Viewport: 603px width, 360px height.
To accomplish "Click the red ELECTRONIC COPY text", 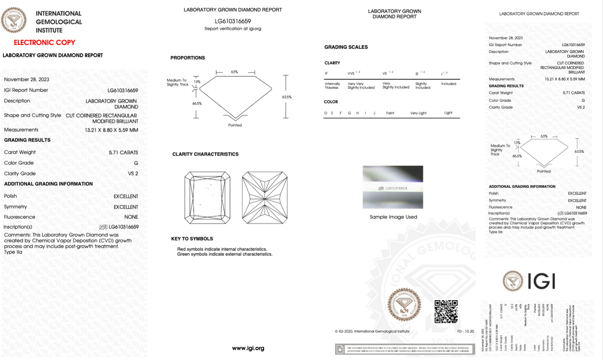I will pyautogui.click(x=44, y=43).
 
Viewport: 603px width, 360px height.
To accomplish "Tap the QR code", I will pyautogui.click(x=446, y=312).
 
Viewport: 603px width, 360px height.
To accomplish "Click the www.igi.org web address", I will pyautogui.click(x=248, y=348).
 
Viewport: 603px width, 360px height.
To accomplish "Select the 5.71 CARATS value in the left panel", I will pyautogui.click(x=123, y=152).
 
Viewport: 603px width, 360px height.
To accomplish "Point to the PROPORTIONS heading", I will pyautogui.click(x=187, y=58).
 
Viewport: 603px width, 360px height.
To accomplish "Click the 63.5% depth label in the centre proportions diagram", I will pyautogui.click(x=287, y=97).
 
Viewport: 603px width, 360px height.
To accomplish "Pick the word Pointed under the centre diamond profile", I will pyautogui.click(x=235, y=125).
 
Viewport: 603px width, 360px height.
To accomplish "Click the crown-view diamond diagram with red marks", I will pyautogui.click(x=207, y=198).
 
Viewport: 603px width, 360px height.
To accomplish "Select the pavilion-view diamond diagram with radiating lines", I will pyautogui.click(x=265, y=198).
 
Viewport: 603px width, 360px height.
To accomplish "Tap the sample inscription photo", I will pyautogui.click(x=393, y=187).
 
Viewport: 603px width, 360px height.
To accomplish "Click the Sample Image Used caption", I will pyautogui.click(x=393, y=217).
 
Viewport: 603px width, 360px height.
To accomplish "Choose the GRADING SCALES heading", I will pyautogui.click(x=346, y=47).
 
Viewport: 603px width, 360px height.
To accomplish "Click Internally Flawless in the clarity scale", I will pyautogui.click(x=332, y=86).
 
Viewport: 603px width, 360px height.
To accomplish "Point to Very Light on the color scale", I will pyautogui.click(x=418, y=113).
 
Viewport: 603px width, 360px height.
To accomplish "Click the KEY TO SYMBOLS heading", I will pyautogui.click(x=192, y=239).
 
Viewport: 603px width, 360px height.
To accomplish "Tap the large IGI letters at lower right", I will pyautogui.click(x=541, y=281).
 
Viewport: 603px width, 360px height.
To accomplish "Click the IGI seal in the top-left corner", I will pyautogui.click(x=14, y=20).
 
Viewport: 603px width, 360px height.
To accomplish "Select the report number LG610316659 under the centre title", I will pyautogui.click(x=233, y=21).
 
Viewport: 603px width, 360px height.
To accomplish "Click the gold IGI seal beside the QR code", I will pyautogui.click(x=404, y=304).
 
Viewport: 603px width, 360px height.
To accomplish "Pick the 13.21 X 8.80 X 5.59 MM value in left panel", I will pyautogui.click(x=111, y=130).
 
